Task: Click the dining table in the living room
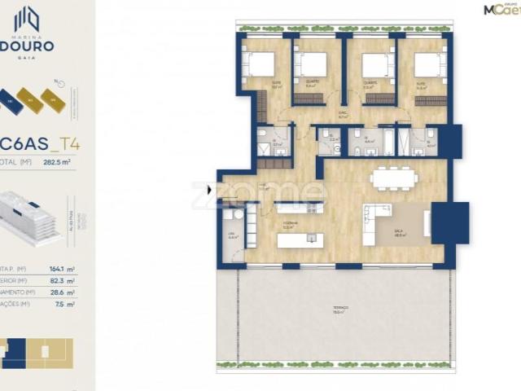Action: (394, 178)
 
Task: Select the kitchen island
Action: (300, 240)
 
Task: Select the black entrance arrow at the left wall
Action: (210, 191)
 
